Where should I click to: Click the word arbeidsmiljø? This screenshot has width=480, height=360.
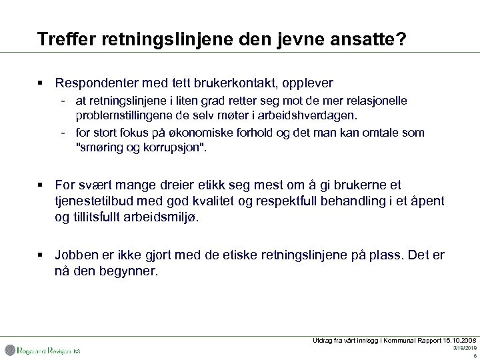[x=155, y=217]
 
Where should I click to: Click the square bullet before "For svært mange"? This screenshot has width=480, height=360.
[x=41, y=185]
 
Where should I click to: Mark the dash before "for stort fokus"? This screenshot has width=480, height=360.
[x=62, y=133]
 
